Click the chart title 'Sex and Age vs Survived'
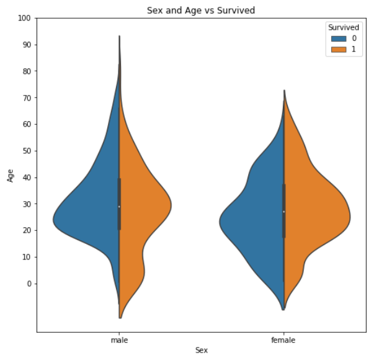click(x=200, y=11)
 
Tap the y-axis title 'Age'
click(x=11, y=176)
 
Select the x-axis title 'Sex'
click(x=201, y=350)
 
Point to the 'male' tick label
click(x=119, y=340)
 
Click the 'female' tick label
click(x=283, y=340)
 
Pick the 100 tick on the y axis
click(x=24, y=19)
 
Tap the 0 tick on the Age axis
click(x=28, y=284)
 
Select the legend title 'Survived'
click(x=343, y=27)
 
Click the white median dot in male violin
click(x=119, y=206)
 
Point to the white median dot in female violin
click(x=283, y=212)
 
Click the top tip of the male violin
click(x=119, y=37)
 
